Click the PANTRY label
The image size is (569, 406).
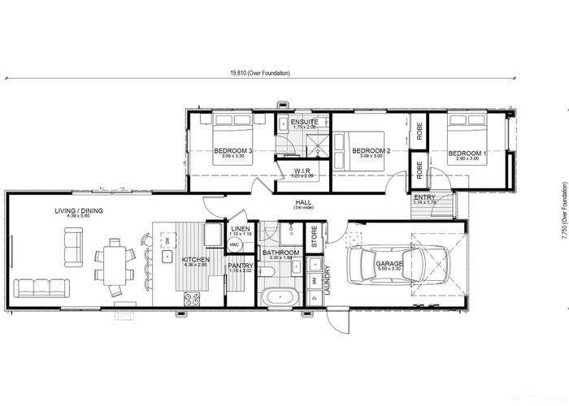pos(241,266)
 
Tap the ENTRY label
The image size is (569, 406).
pos(423,197)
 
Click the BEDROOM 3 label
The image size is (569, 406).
pos(233,151)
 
